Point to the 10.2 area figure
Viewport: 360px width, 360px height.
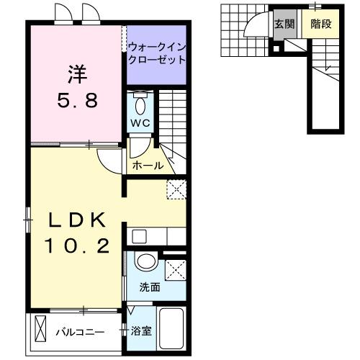77,246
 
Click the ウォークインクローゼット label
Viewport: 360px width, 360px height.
157,54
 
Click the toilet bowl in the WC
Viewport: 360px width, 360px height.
140,105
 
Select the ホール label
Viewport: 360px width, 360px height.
148,166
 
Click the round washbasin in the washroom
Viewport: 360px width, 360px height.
145,262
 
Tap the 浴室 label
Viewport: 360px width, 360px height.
141,332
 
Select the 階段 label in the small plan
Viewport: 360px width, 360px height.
320,23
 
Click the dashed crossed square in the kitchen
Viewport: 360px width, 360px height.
176,189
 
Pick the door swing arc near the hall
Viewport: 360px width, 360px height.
108,163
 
